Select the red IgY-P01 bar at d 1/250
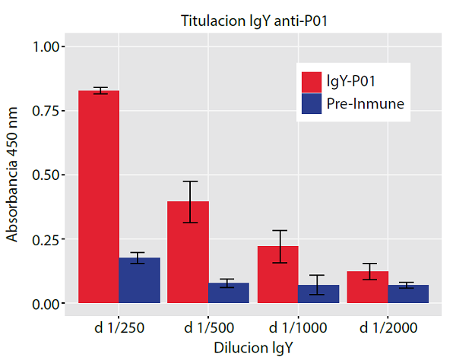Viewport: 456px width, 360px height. pos(99,197)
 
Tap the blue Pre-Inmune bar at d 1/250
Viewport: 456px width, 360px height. pos(140,280)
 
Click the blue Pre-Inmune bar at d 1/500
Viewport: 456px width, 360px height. pos(229,293)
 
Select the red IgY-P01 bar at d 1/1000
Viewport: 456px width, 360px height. pos(278,274)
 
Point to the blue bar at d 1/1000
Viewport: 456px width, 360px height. pos(318,294)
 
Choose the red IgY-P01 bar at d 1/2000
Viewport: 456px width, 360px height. pos(367,287)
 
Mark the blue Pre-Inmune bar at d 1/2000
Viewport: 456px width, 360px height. pos(408,294)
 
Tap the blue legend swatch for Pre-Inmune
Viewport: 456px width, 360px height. pos(312,105)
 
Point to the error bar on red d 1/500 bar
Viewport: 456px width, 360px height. pos(188,202)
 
